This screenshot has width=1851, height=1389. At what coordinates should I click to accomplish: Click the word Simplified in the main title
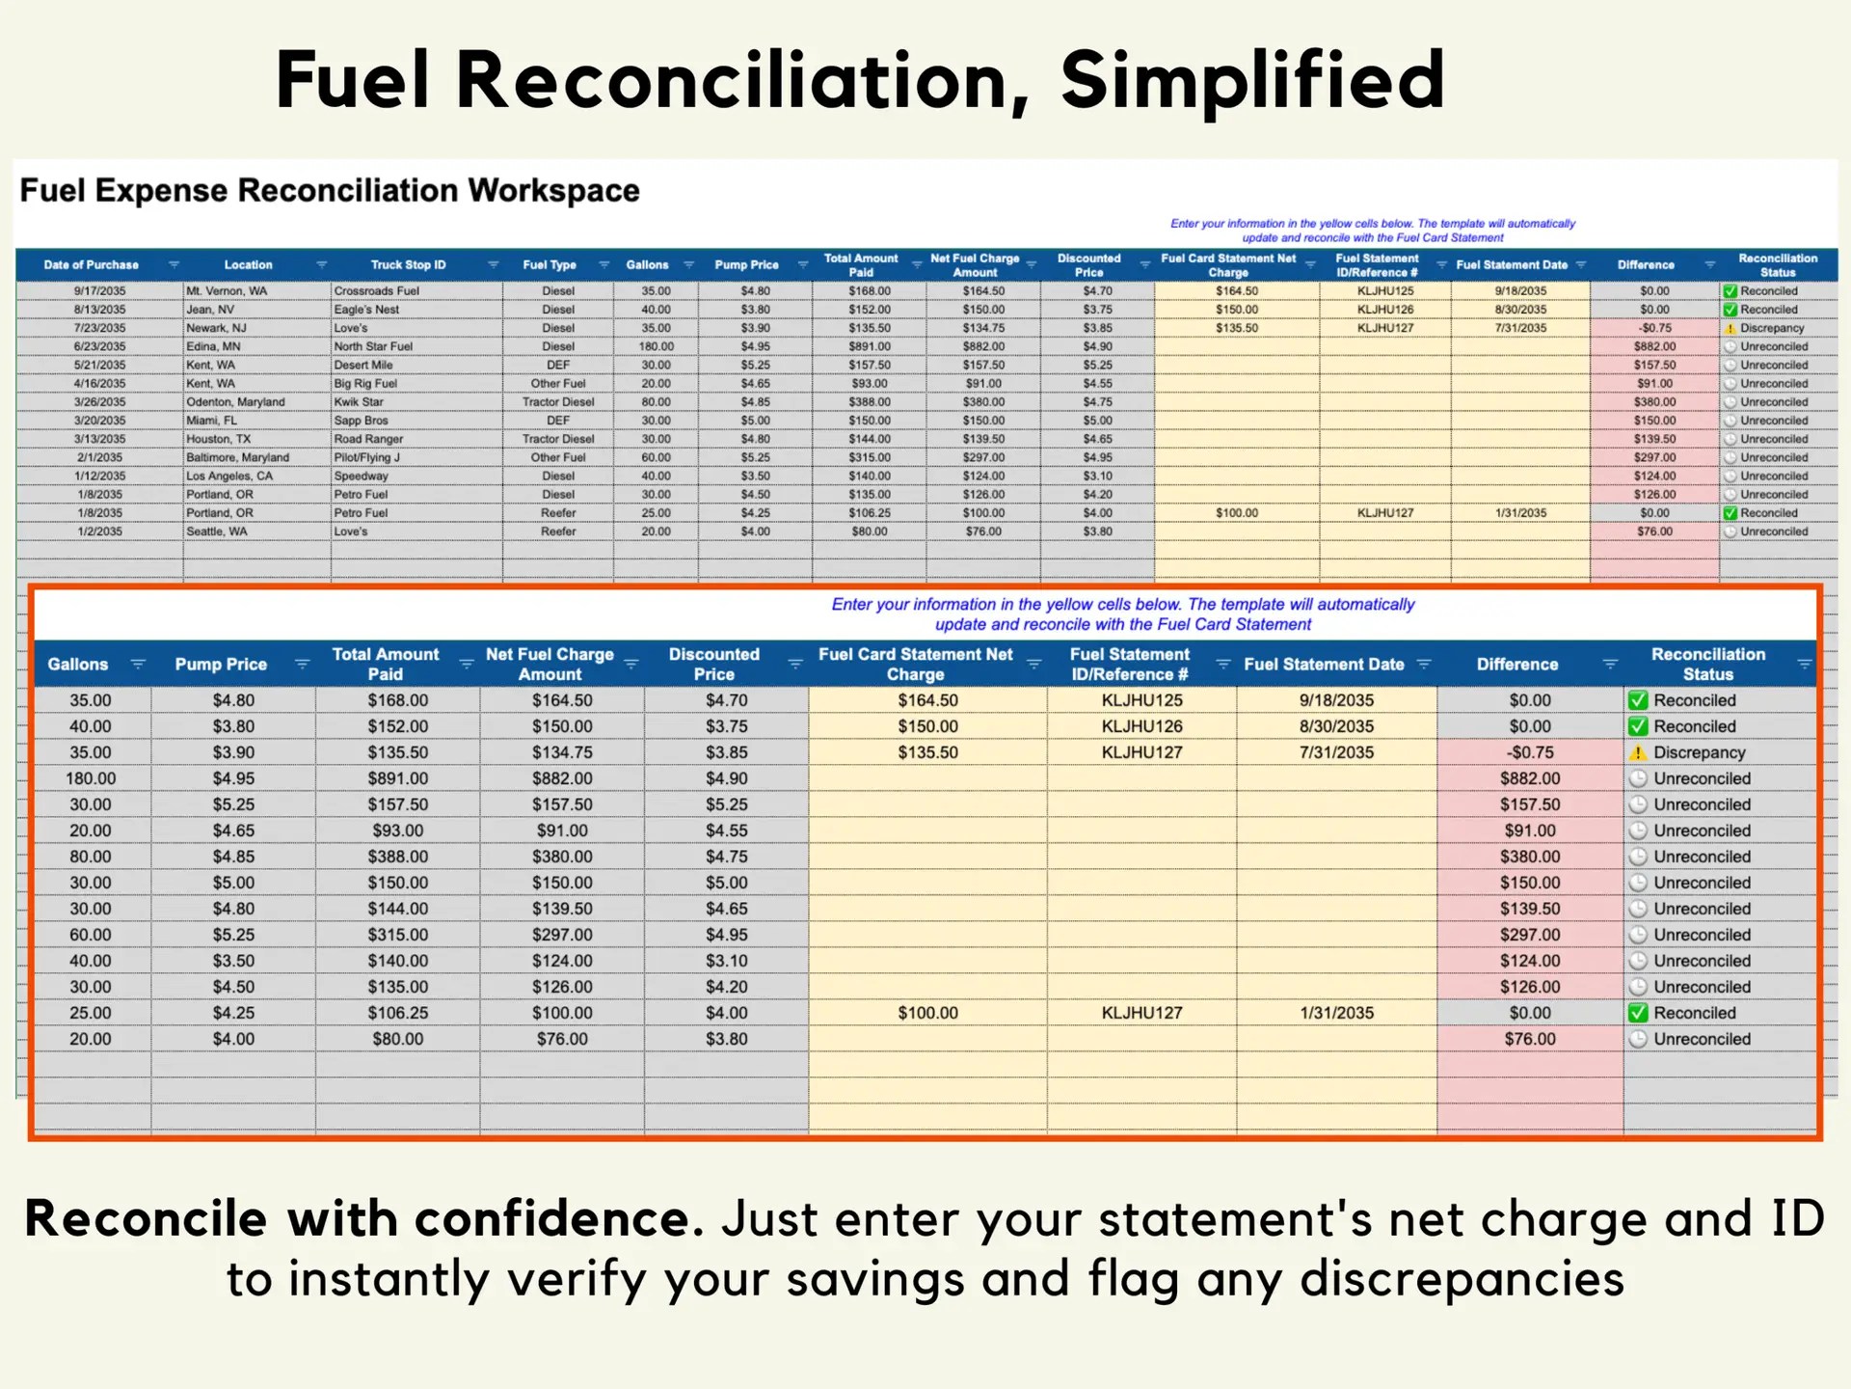1252,80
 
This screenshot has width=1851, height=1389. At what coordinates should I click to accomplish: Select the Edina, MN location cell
214,346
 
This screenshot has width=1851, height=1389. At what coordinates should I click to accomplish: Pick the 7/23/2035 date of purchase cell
99,328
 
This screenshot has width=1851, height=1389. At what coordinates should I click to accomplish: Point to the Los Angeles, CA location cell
229,476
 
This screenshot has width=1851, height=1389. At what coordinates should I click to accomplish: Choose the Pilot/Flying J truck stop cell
366,457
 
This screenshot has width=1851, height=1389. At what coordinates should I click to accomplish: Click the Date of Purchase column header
92,264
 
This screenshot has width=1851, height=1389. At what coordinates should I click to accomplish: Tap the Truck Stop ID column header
408,264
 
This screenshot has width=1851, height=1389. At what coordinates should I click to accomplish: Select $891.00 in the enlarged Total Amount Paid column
397,778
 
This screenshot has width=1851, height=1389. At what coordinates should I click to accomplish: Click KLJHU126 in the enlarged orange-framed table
1141,726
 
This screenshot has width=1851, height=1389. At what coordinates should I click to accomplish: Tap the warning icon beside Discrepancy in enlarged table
1638,752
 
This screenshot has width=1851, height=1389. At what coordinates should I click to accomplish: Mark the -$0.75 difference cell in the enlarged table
1529,752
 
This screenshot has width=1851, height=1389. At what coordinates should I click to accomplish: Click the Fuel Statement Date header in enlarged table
1324,664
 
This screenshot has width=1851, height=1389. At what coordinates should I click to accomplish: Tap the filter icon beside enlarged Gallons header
138,664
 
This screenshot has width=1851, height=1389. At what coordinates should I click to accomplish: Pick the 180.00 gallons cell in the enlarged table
91,778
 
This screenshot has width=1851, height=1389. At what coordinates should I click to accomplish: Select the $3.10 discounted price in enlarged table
726,961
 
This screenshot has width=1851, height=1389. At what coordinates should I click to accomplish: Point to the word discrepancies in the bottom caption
1462,1279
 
